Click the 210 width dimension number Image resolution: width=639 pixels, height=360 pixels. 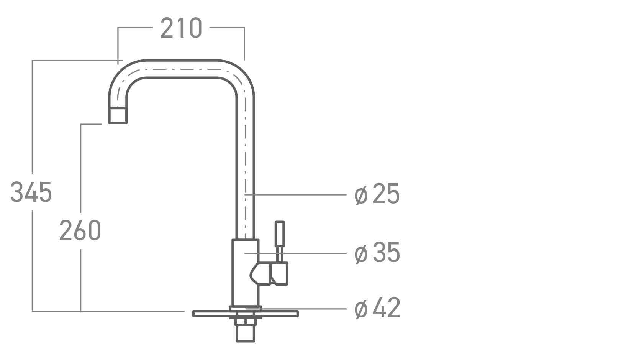tap(181, 28)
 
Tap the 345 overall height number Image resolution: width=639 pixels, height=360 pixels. tap(31, 192)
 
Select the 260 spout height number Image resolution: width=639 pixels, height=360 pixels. tap(80, 230)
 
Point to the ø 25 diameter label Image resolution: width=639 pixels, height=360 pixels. tap(377, 194)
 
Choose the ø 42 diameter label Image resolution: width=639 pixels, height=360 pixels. tap(377, 308)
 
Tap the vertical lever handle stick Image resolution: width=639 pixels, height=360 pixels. tap(280, 241)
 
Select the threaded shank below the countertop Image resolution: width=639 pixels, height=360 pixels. tap(245, 330)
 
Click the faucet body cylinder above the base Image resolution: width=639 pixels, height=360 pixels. tap(245, 273)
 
